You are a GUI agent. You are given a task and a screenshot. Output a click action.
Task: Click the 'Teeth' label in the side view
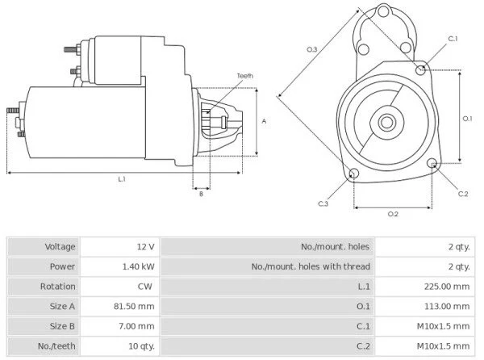click(x=244, y=75)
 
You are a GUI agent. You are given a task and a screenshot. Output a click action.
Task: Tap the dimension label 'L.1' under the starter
click(x=121, y=178)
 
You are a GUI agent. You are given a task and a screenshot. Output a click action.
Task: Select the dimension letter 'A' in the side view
click(x=264, y=120)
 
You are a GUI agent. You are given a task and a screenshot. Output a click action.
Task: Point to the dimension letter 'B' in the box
click(x=201, y=194)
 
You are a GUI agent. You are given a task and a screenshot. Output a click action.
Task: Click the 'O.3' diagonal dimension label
click(x=312, y=51)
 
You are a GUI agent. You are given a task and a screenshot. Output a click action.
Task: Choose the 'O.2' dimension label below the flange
click(x=393, y=213)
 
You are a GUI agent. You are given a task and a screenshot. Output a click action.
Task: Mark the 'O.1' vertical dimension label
click(x=467, y=118)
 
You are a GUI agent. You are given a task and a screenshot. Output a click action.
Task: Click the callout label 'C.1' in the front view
click(x=453, y=39)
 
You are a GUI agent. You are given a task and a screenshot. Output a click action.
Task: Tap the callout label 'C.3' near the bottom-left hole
click(x=323, y=203)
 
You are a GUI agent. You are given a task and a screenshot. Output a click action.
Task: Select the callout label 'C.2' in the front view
click(x=463, y=194)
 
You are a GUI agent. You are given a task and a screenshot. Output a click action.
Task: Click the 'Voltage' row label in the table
click(x=60, y=246)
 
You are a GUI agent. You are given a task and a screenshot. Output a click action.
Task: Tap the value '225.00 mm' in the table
click(x=449, y=287)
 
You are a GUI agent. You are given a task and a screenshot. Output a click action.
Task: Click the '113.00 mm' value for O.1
click(x=449, y=307)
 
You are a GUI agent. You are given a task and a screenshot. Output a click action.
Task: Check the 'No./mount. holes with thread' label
click(x=311, y=266)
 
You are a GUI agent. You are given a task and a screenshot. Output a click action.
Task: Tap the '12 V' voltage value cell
click(x=148, y=246)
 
